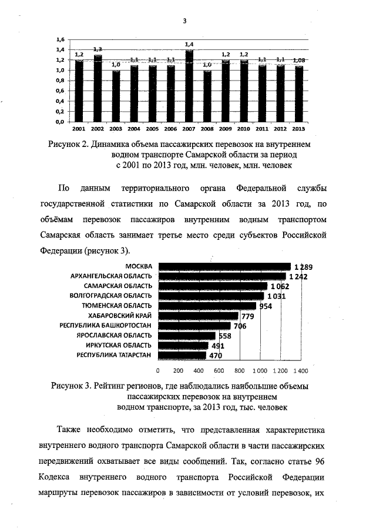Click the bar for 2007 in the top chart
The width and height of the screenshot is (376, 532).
(x=189, y=86)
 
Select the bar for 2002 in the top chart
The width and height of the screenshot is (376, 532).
(x=98, y=88)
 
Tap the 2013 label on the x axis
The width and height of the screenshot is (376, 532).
(x=298, y=128)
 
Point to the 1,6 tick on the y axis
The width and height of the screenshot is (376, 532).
(x=60, y=39)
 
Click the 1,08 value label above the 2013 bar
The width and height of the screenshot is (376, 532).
(x=299, y=60)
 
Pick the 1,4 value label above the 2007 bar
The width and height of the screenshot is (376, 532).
(x=189, y=44)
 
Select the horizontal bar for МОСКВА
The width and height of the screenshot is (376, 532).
(x=224, y=266)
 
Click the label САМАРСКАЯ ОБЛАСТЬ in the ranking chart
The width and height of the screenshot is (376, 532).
(x=122, y=286)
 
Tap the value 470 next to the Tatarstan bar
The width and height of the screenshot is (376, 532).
(x=216, y=356)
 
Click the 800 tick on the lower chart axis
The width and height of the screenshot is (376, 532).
(x=239, y=371)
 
